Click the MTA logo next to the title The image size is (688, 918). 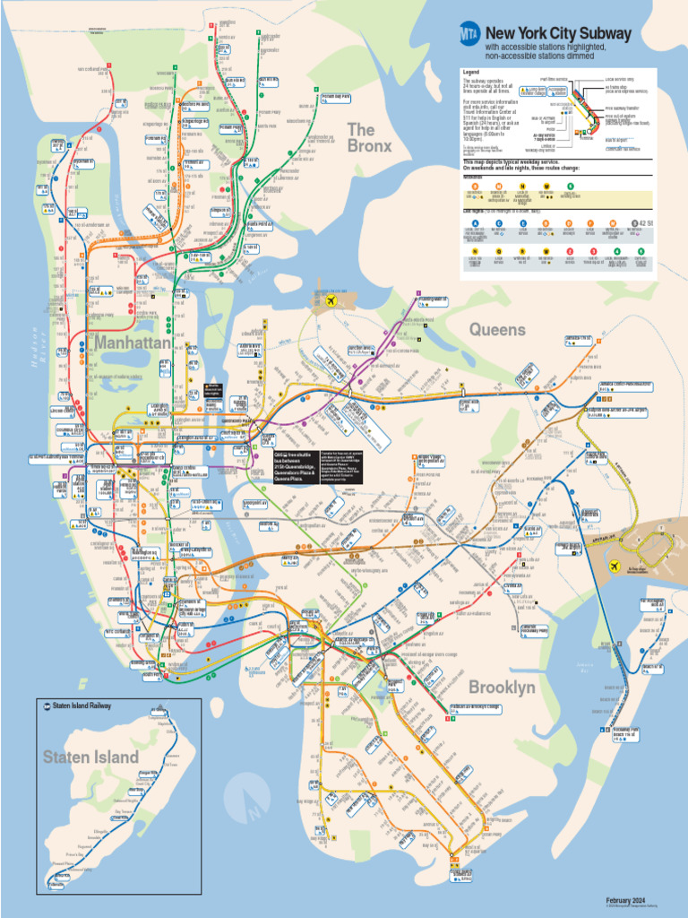click(470, 34)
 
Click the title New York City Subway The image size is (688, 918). click(558, 34)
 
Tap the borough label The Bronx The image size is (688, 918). click(369, 137)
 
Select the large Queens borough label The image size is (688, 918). click(497, 330)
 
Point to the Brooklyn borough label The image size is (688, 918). click(502, 688)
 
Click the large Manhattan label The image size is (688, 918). click(132, 342)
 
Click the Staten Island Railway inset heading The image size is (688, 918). click(82, 706)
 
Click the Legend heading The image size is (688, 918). click(471, 72)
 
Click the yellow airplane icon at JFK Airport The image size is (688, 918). click(615, 567)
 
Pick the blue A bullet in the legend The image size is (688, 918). click(475, 222)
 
